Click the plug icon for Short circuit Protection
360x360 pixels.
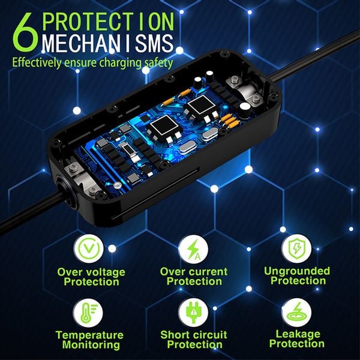click(x=193, y=313)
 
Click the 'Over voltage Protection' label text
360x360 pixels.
click(x=91, y=277)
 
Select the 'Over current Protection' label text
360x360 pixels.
click(x=193, y=277)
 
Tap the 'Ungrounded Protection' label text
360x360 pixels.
click(x=295, y=275)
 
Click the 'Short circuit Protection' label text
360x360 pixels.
click(x=193, y=339)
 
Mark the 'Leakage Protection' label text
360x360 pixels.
click(x=295, y=339)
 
